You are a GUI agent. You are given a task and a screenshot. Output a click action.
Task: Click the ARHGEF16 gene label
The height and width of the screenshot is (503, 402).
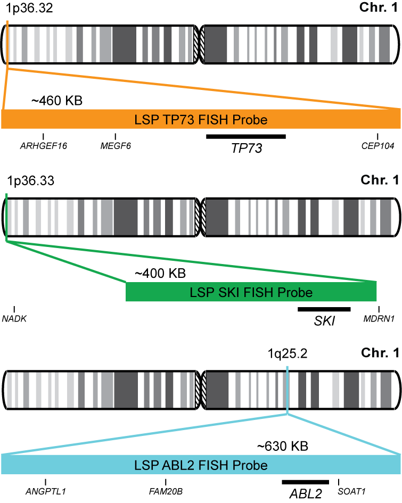[x=43, y=146]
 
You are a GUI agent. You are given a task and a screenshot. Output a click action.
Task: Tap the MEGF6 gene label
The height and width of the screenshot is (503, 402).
[x=116, y=146]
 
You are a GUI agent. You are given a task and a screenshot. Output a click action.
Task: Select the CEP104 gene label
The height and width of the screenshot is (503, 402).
[x=378, y=146]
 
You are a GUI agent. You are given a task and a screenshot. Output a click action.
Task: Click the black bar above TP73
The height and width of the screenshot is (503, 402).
[x=246, y=136]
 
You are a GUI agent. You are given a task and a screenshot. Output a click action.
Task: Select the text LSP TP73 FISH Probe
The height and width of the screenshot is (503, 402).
[x=200, y=119]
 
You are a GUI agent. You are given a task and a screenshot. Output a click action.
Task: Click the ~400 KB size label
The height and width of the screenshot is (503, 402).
[x=160, y=274]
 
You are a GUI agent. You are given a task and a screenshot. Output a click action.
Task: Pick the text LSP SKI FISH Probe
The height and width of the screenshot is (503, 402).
[x=251, y=292]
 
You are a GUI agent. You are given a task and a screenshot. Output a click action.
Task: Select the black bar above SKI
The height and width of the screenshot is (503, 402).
[x=324, y=309]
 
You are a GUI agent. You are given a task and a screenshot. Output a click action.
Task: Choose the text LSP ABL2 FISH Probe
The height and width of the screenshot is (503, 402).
[x=201, y=465]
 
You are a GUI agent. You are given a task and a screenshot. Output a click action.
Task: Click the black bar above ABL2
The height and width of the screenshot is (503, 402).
[x=306, y=482]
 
